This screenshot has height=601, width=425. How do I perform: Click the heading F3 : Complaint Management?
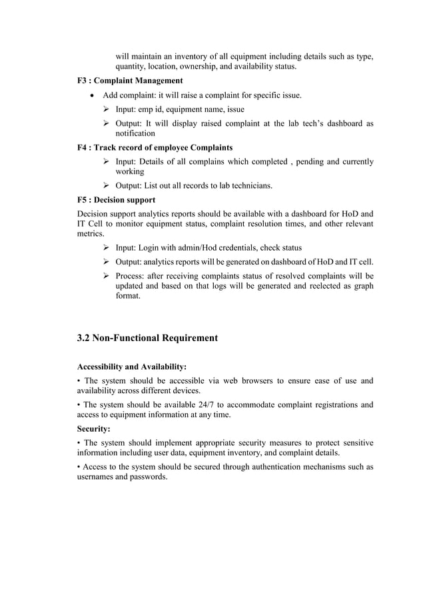click(130, 81)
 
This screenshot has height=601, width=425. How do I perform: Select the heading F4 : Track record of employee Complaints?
click(155, 147)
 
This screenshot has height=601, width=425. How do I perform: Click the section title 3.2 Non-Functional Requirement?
click(147, 338)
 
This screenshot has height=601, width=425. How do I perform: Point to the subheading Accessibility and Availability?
click(132, 366)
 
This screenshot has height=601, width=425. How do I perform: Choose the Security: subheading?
click(97, 430)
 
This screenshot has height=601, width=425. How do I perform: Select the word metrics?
click(91, 234)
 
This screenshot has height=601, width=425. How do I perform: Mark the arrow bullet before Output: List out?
click(106, 185)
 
